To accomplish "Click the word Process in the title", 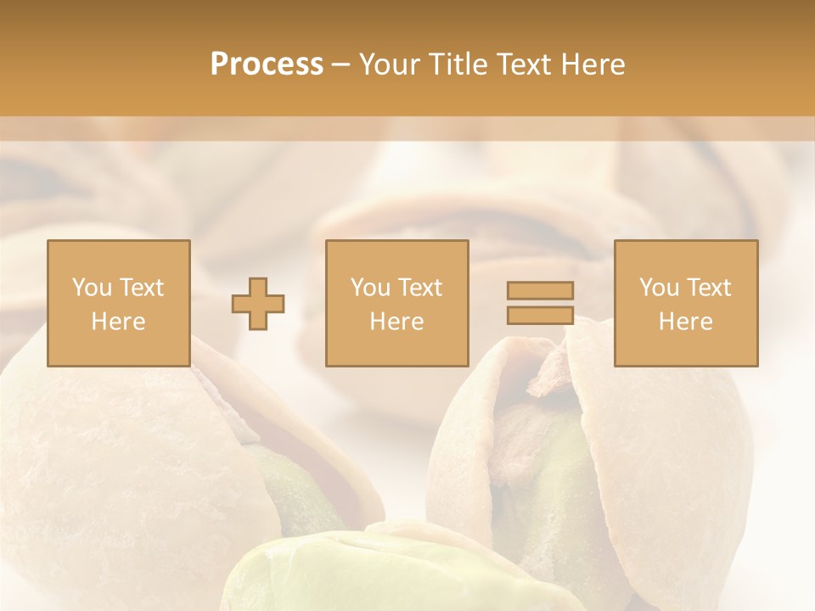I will tap(267, 64).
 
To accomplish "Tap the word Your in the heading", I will tap(391, 64).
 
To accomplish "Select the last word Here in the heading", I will tap(593, 64).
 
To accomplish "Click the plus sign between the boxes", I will tap(258, 304).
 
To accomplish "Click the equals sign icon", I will tap(540, 303).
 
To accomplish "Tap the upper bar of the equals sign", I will tap(540, 290).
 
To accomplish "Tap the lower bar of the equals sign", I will tap(540, 315).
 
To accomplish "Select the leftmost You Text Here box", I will tap(119, 303).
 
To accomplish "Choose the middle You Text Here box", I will tap(397, 303).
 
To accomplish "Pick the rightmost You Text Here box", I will tap(686, 303).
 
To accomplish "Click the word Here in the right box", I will tap(686, 321).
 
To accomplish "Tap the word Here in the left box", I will tap(119, 321).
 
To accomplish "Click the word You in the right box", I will tap(659, 288).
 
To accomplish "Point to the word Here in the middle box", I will tap(397, 321).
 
